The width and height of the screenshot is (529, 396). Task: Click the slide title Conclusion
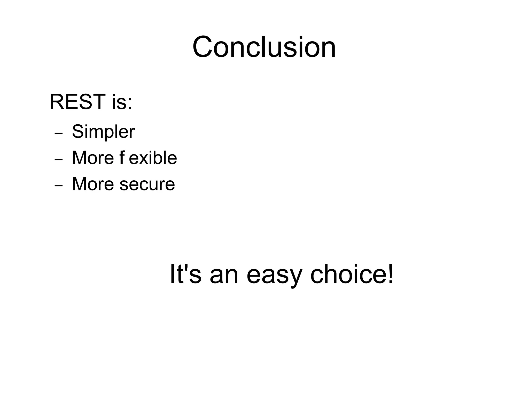(264, 47)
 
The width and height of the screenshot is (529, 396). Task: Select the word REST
(77, 102)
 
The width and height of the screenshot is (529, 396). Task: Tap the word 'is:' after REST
(122, 102)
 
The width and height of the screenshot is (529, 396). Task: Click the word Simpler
(103, 132)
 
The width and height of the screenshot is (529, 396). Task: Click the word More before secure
(93, 184)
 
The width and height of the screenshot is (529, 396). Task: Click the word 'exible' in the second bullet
(153, 158)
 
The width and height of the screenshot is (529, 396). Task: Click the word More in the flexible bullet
(93, 158)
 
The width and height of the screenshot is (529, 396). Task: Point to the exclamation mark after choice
(390, 273)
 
